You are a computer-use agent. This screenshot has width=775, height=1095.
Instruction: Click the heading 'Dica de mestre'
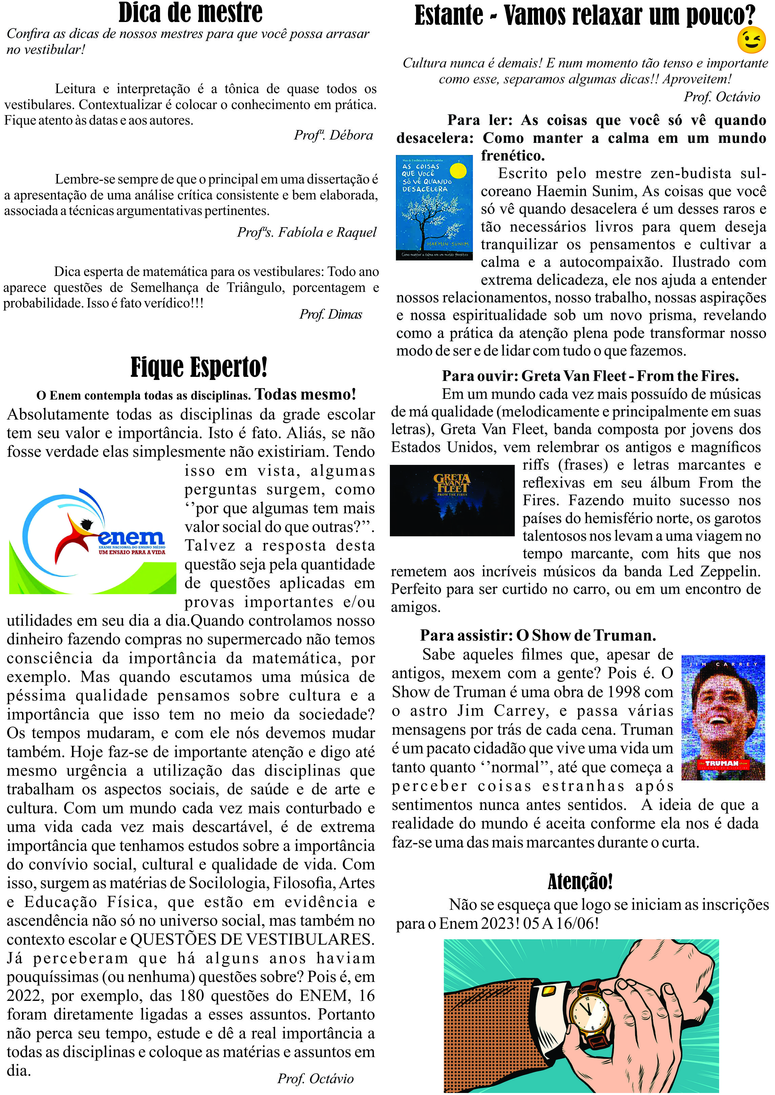[190, 13]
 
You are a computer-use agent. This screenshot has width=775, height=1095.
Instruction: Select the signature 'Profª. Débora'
[333, 135]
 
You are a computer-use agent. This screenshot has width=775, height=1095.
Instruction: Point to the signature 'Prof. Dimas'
[331, 314]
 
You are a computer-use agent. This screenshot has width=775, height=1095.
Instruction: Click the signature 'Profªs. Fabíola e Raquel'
[306, 232]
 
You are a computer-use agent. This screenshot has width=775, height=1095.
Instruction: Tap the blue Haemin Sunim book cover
[434, 208]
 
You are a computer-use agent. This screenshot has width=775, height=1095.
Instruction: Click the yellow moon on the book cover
[459, 170]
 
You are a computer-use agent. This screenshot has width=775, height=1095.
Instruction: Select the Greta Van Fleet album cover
[452, 500]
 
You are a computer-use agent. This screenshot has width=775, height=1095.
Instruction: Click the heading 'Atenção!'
[580, 881]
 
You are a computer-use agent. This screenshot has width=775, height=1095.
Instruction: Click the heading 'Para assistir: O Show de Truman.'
[538, 635]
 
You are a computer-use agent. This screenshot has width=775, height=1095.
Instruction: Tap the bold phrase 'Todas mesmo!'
[306, 394]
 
